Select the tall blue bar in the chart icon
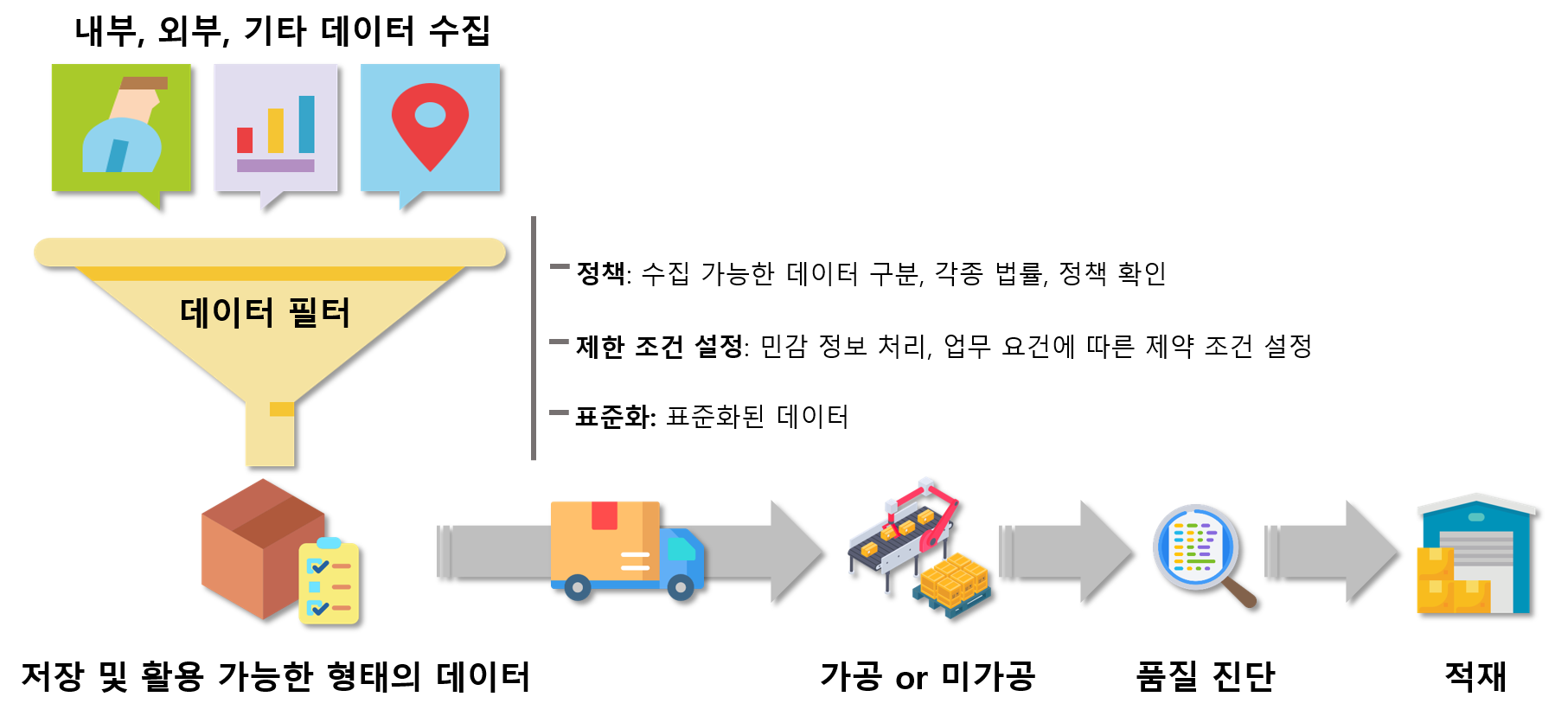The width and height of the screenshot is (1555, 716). pyautogui.click(x=306, y=125)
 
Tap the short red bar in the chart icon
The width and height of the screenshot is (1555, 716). pyautogui.click(x=245, y=140)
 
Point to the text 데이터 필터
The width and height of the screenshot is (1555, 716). pyautogui.click(x=265, y=312)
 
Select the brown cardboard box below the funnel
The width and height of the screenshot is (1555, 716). pyautogui.click(x=255, y=545)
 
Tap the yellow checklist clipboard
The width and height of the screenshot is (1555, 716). pyautogui.click(x=329, y=583)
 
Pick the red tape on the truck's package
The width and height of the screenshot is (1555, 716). pyautogui.click(x=605, y=515)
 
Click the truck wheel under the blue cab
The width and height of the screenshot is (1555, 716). pyautogui.click(x=681, y=588)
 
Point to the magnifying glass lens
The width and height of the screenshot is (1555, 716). pyautogui.click(x=1195, y=547)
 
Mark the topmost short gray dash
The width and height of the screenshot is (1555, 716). pyautogui.click(x=560, y=266)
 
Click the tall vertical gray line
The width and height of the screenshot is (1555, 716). pyautogui.click(x=534, y=338)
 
